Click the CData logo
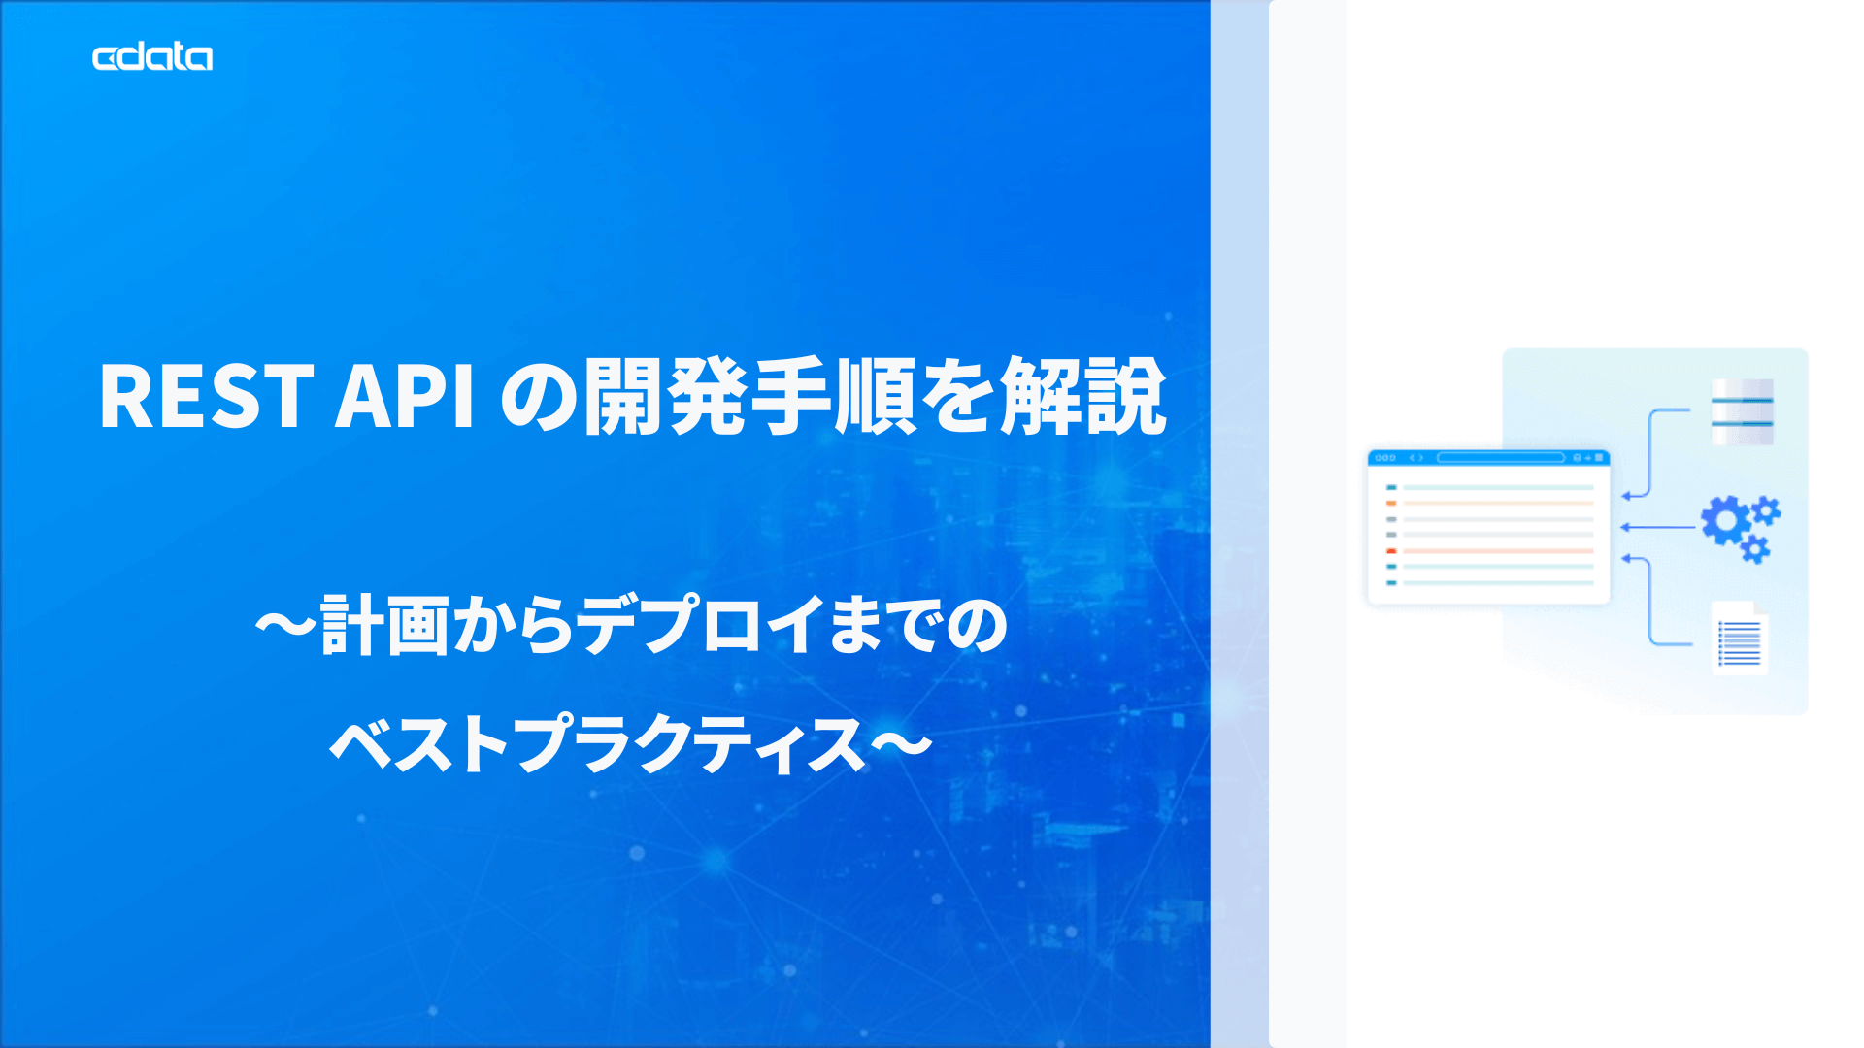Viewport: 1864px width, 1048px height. pos(152,57)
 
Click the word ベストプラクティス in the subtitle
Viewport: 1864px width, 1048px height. pos(597,745)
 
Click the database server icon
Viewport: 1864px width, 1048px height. pos(1742,411)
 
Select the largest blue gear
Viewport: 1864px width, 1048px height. pos(1725,521)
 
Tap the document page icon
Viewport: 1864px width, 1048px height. pos(1739,638)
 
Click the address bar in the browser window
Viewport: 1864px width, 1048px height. pos(1500,458)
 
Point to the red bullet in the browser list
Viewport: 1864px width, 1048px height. pos(1391,550)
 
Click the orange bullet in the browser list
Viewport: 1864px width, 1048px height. pos(1391,503)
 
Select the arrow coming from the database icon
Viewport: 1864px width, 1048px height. pos(1650,451)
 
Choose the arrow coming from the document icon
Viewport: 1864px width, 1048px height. pos(1650,602)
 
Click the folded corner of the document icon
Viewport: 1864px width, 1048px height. pos(1759,608)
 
